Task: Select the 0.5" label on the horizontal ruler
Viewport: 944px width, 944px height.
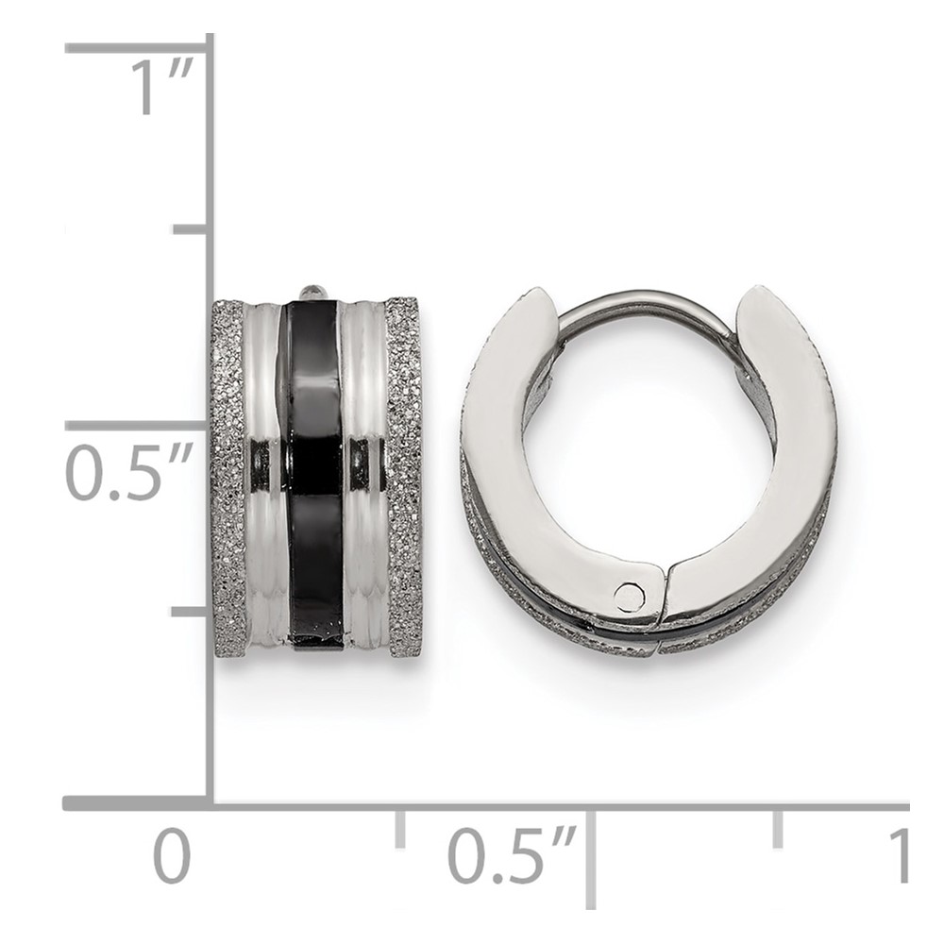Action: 513,855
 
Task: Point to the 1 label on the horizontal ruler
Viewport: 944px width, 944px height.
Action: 899,855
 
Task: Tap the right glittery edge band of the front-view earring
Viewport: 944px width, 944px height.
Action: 404,479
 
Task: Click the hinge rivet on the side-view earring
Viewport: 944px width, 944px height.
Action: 629,596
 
